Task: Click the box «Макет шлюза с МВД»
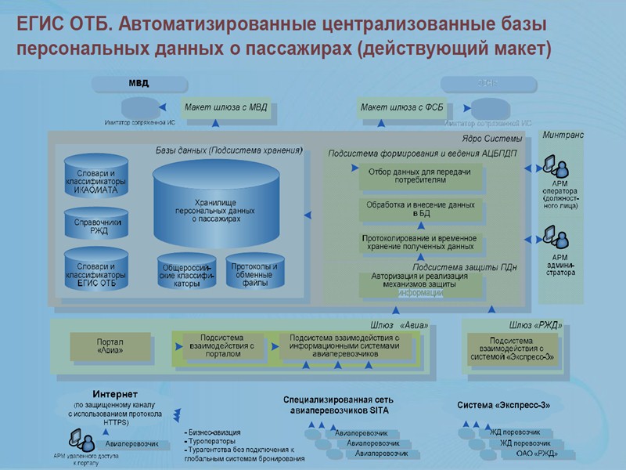tap(226, 108)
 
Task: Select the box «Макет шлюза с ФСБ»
tap(403, 108)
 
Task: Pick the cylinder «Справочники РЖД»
tap(96, 226)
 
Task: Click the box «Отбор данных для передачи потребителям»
tap(418, 175)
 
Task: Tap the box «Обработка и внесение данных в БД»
tap(420, 209)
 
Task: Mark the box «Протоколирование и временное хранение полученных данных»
tap(420, 242)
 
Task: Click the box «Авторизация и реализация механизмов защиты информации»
tap(420, 284)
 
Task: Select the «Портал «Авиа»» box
tap(110, 345)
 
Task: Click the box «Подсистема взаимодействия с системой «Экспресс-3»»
tap(512, 346)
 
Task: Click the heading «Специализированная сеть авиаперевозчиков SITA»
tap(335, 404)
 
